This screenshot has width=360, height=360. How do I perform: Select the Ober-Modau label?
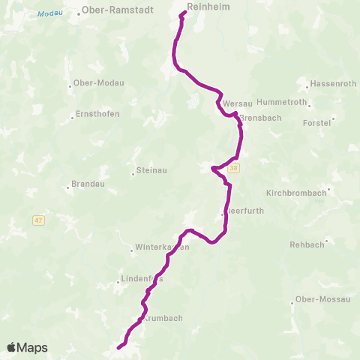click(x=97, y=82)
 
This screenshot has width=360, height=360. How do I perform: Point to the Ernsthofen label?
click(x=97, y=114)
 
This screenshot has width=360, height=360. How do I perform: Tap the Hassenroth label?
click(x=333, y=84)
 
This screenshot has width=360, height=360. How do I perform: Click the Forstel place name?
click(x=316, y=121)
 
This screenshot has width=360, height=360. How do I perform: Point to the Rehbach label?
click(x=307, y=244)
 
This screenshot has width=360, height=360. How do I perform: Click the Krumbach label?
click(x=163, y=317)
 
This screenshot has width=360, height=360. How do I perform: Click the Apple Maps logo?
click(x=28, y=347)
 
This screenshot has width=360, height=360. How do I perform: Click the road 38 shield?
click(x=235, y=168)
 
